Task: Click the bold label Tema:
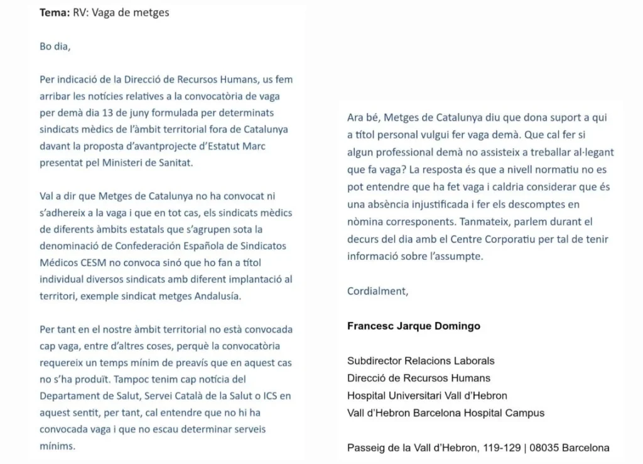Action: [55, 13]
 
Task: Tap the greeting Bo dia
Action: [54, 46]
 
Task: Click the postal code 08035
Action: [544, 448]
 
